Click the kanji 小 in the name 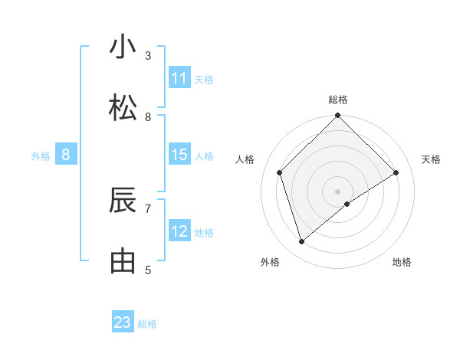click(x=123, y=47)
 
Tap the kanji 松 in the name click(x=123, y=109)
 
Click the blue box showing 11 click(x=179, y=78)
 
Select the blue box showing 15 click(x=179, y=155)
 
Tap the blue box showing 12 click(x=179, y=231)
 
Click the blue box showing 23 click(x=123, y=322)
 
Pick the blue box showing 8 click(x=66, y=155)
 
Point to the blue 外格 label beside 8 click(x=41, y=156)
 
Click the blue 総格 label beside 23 click(x=147, y=324)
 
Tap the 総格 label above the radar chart click(x=338, y=100)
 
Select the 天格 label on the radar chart click(x=432, y=159)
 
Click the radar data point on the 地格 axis click(x=347, y=204)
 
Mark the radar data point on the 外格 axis click(x=301, y=242)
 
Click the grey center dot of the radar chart click(x=338, y=191)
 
